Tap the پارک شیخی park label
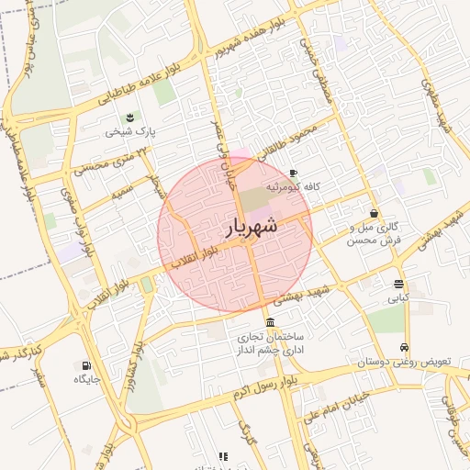pos(130,131)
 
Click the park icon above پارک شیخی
pos(130,117)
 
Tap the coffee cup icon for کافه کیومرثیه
pos(292,173)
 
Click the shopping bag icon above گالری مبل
pos(375,213)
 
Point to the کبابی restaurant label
pos(398,297)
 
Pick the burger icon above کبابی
pos(398,284)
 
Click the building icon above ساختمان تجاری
pos(269,322)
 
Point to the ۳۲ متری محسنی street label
pos(102,165)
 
